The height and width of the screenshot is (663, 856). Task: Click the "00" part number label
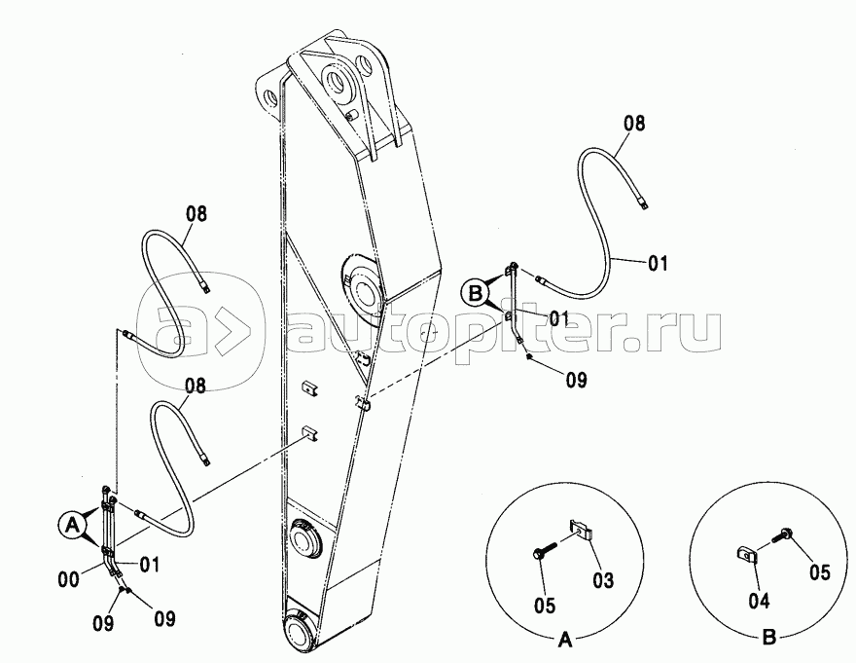point(69,579)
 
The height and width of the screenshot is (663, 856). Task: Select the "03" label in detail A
point(603,580)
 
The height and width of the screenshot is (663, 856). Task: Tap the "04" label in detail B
point(759,601)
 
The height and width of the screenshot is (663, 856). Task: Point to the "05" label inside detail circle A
point(545,605)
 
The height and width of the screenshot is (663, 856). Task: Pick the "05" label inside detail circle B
point(819,572)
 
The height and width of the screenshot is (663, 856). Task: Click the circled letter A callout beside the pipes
point(72,526)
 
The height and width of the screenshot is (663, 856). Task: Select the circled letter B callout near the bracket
point(476,293)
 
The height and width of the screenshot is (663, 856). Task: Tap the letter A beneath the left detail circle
point(564,640)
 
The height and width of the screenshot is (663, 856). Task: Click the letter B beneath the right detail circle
point(768,638)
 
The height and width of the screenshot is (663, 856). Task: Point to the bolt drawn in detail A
point(544,550)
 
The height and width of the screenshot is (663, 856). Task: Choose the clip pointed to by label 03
point(582,530)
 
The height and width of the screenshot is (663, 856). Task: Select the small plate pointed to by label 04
point(746,555)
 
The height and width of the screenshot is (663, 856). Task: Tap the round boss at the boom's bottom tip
point(301,633)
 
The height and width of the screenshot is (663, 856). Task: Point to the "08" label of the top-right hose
point(634,124)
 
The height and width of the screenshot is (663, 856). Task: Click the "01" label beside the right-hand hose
point(658,264)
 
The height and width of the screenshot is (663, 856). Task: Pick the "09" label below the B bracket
point(576,380)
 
